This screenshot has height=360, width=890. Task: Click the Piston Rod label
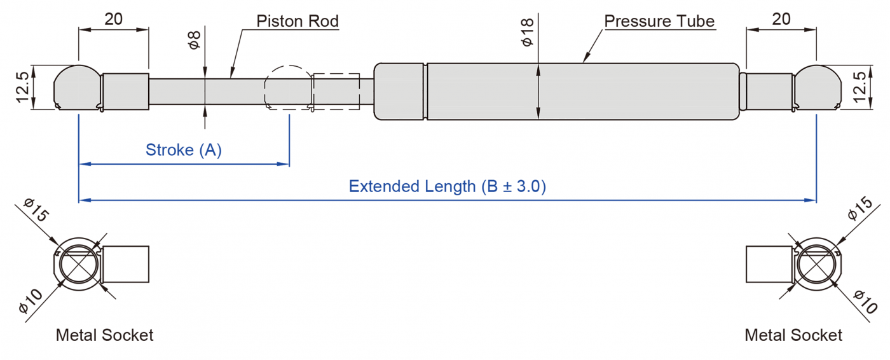point(297,21)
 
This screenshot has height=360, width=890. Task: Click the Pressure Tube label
point(659,21)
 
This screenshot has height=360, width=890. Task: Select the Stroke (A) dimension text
point(184,150)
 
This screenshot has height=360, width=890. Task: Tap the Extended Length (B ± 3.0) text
point(447,186)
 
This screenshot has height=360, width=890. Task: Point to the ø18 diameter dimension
point(527,32)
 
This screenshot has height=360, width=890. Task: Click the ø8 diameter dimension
point(195,40)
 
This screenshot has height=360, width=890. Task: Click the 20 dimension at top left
point(113,19)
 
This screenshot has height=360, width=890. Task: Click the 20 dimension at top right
point(781,19)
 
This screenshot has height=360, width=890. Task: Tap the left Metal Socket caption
point(104,335)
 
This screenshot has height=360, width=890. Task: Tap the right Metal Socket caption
point(793,335)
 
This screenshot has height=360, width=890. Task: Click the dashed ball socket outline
point(287,88)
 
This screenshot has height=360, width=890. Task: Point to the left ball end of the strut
point(76,87)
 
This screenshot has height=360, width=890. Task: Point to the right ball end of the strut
point(816,87)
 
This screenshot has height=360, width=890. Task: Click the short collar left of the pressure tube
point(399,91)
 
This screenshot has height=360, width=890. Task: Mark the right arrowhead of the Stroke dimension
point(285,164)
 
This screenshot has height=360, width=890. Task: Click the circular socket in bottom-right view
point(816,265)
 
